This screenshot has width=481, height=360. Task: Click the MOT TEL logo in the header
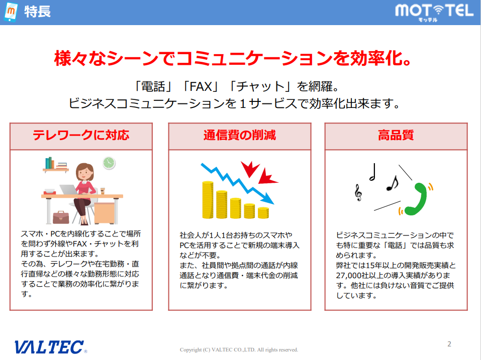434,11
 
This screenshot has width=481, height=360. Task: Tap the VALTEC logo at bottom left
50,346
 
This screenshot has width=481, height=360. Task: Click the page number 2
449,344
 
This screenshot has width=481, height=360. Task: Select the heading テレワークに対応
81,136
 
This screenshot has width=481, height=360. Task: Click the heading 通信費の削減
239,136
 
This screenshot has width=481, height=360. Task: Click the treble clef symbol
358,191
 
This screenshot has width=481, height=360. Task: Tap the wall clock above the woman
109,163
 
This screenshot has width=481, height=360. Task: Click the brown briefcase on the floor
61,217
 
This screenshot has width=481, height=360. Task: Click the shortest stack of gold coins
263,212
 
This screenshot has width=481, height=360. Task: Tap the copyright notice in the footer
239,349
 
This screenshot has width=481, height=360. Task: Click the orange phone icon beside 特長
11,12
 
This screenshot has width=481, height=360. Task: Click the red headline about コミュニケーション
234,58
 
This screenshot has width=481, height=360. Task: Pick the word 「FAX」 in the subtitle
200,86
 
